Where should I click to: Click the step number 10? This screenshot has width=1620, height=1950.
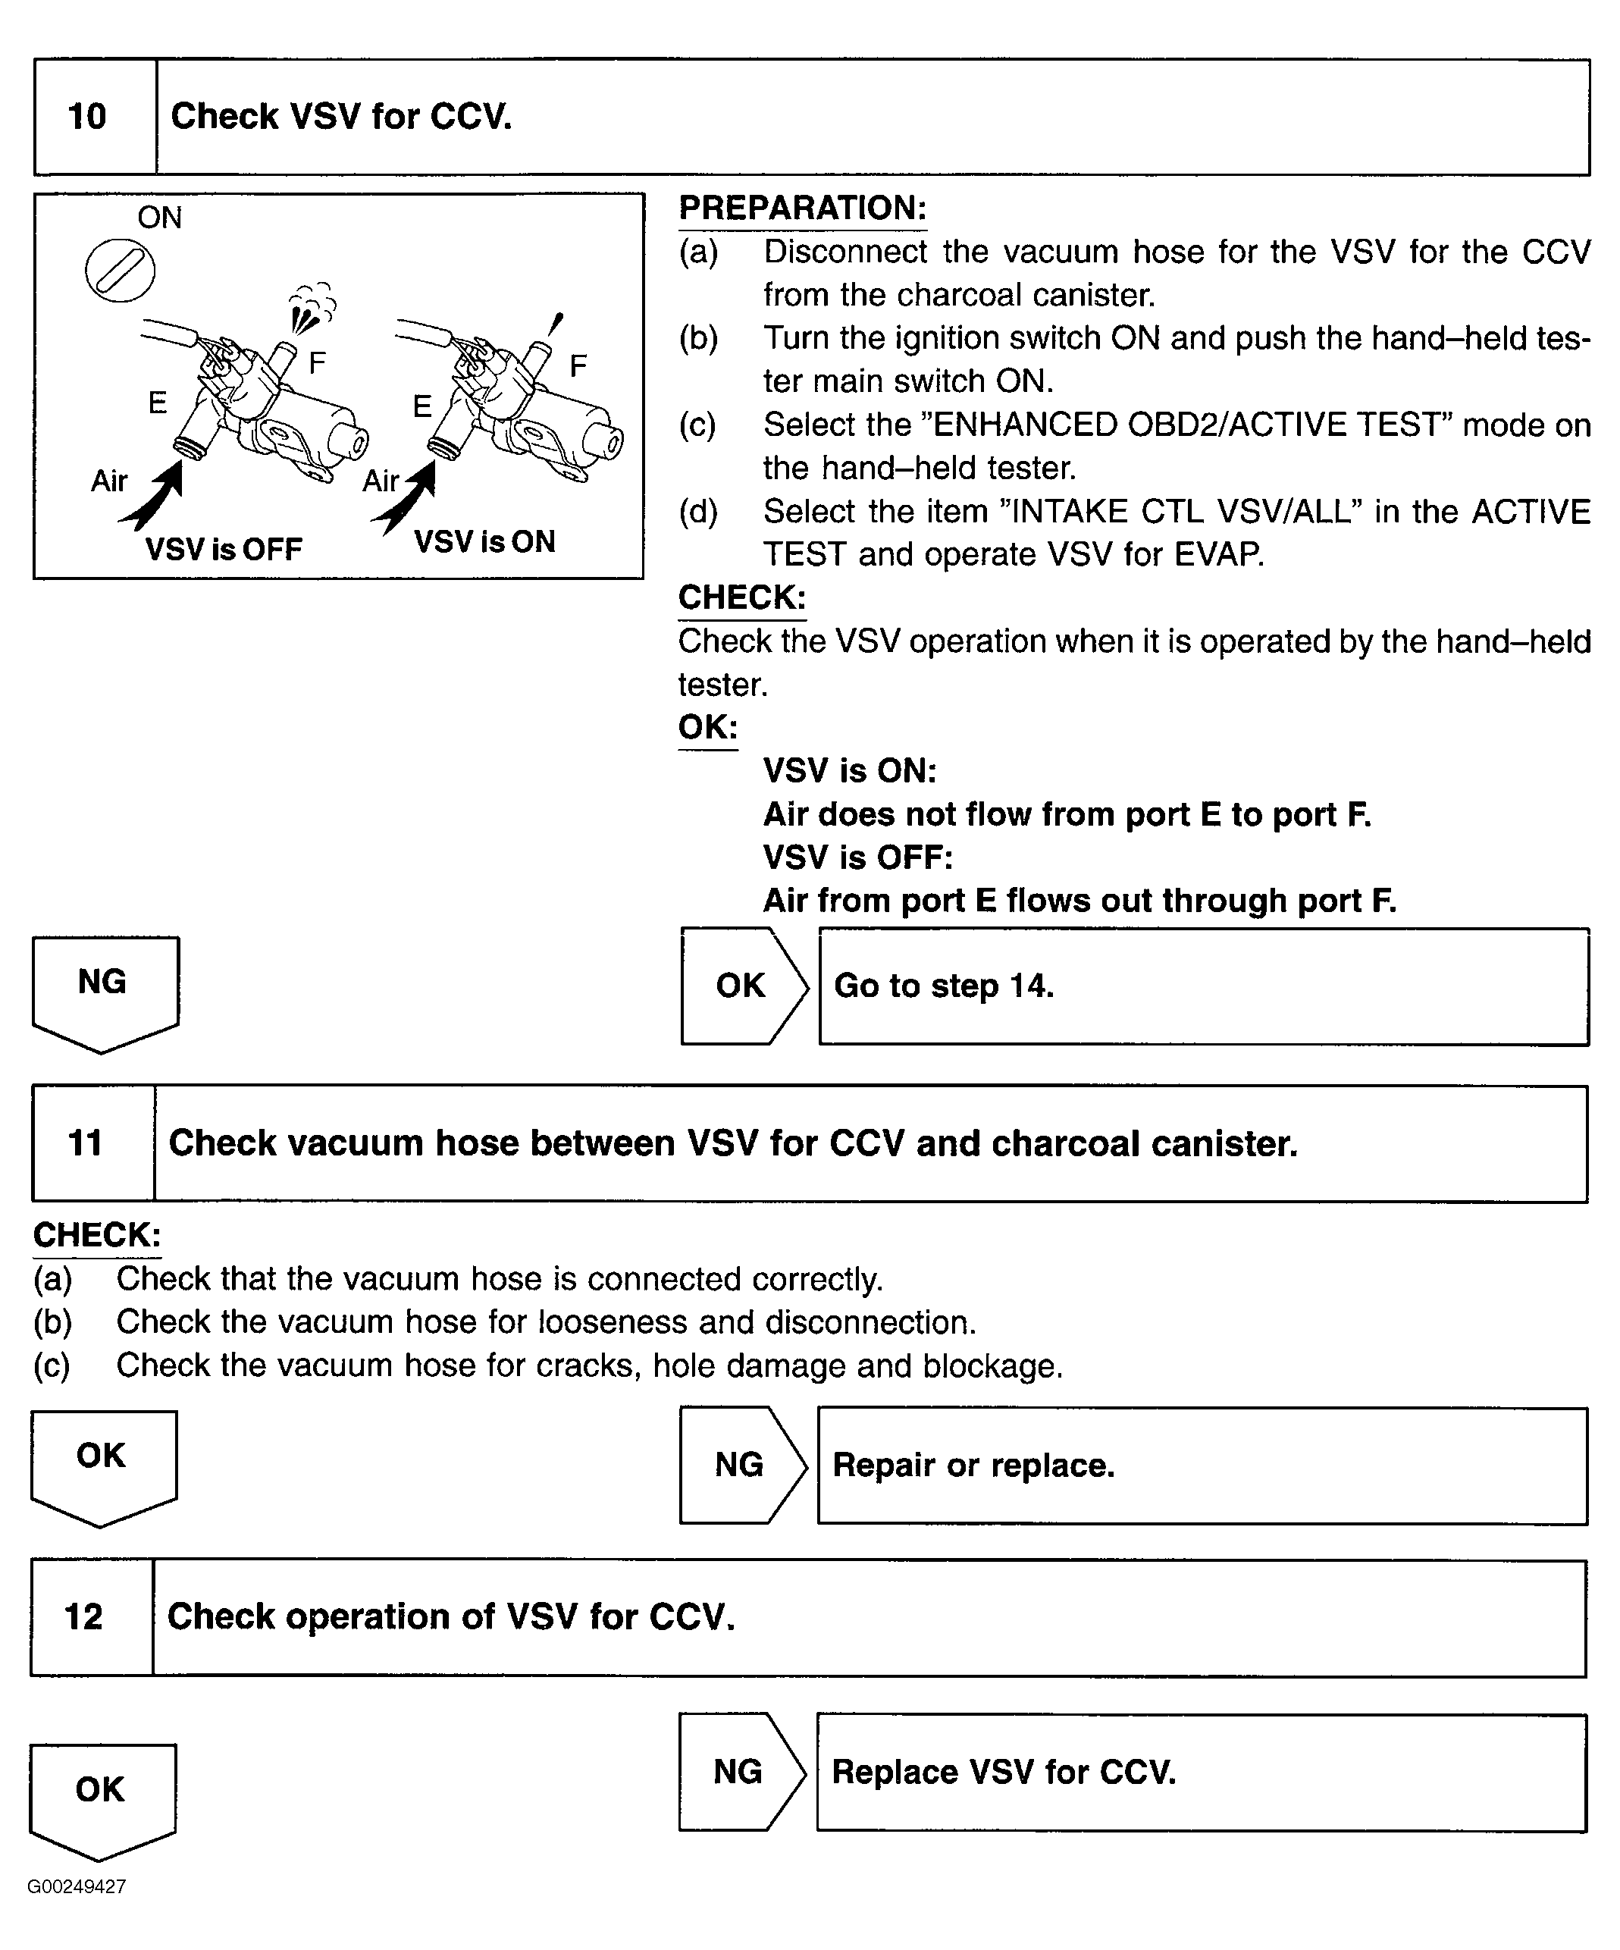pos(87,117)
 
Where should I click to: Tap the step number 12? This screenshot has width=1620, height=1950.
pos(83,1616)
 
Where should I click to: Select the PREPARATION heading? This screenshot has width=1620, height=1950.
pos(803,208)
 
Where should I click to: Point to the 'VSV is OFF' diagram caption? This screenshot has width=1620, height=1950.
pos(224,550)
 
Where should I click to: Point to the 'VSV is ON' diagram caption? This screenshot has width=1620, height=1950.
pos(484,542)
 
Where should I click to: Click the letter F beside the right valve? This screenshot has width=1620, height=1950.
pos(578,366)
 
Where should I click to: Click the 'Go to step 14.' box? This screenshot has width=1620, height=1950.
pos(1203,986)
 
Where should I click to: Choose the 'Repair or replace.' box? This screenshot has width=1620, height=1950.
pos(1202,1466)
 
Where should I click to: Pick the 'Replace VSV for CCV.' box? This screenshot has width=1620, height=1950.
pos(1202,1772)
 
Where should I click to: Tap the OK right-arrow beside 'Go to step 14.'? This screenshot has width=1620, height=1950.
pos(743,986)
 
